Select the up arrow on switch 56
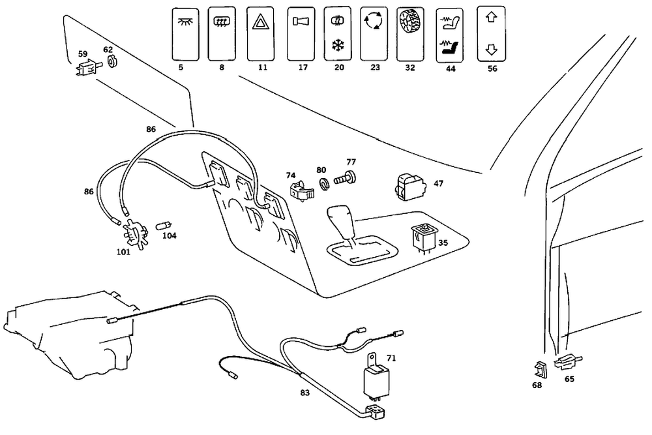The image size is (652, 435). tap(490, 18)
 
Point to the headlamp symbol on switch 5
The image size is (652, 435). tap(185, 21)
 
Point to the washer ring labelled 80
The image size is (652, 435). tap(322, 181)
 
